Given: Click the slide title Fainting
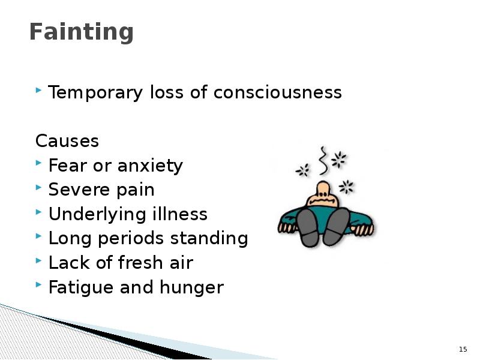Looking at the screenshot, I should pyautogui.click(x=81, y=32).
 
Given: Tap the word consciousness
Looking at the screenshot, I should pyautogui.click(x=278, y=92).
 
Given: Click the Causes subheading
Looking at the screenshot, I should pyautogui.click(x=67, y=142).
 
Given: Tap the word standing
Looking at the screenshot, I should pyautogui.click(x=209, y=238).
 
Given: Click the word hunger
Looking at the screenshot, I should pyautogui.click(x=191, y=287).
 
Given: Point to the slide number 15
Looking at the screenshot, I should pyautogui.click(x=463, y=349).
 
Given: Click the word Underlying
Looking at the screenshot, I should pyautogui.click(x=98, y=214).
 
